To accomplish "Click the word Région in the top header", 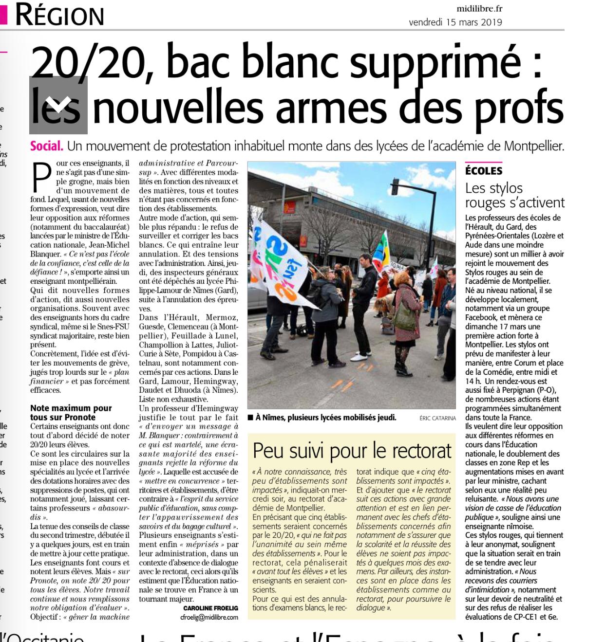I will tap(59, 15).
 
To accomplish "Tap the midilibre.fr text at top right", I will tap(479, 8).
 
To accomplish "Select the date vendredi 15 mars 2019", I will tap(455, 22).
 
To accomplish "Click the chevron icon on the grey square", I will tap(58, 105).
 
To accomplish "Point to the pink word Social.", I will tap(46, 146).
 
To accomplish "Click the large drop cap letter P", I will tap(41, 178).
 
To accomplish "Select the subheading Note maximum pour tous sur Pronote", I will tap(71, 412).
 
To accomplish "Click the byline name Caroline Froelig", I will tap(210, 608).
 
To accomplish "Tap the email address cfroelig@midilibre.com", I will tap(209, 617).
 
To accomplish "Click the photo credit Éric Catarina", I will tap(437, 418).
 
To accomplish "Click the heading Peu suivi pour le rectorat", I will tap(352, 451).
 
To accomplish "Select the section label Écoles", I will tap(483, 171).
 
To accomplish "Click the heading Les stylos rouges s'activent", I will tap(514, 195).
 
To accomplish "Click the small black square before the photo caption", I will tap(250, 418).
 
